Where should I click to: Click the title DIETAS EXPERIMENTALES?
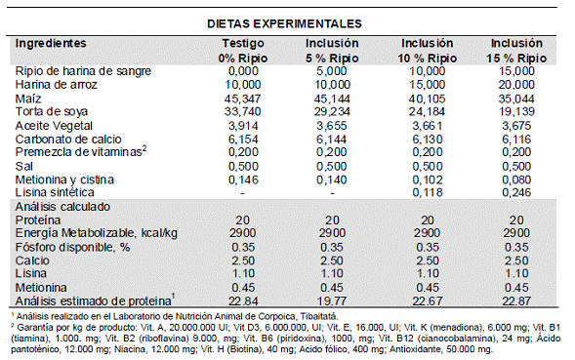coord(284,23)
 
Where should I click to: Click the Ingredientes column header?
coord(51,43)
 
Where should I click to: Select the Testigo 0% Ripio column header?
coord(243,51)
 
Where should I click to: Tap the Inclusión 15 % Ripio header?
coord(516,51)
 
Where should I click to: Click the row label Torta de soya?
coord(52,111)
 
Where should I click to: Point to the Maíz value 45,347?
coord(243,99)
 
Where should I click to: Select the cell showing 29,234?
coord(332,111)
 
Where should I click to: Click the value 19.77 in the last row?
coord(332,301)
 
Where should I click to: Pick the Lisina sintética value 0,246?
coord(516,192)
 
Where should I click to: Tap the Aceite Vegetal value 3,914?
coord(243,126)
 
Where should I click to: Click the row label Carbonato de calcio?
coord(68,140)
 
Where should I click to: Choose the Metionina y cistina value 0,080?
coord(516,180)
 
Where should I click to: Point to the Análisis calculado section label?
coord(62,207)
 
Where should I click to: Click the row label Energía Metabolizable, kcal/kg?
coord(96,233)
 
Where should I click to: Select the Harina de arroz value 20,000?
coord(516,85)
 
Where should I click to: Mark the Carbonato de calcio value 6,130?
coord(428,140)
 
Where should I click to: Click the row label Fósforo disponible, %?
coord(72,248)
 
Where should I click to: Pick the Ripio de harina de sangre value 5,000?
coord(332,71)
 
